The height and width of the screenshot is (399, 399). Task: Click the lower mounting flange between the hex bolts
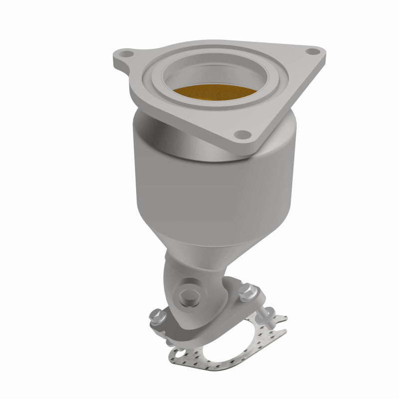(219, 304)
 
